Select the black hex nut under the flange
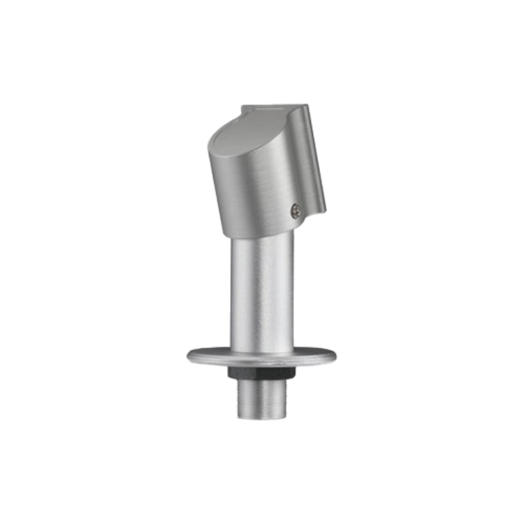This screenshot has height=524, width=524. pyautogui.click(x=261, y=373)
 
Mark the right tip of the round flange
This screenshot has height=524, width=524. pyautogui.click(x=335, y=356)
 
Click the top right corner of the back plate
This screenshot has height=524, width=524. pyautogui.click(x=305, y=106)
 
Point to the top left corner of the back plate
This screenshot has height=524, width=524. pyautogui.click(x=242, y=107)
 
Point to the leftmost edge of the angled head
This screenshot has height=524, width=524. pyautogui.click(x=209, y=150)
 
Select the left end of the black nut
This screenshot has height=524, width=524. pyautogui.click(x=228, y=373)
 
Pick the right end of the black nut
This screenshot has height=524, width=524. pyautogui.click(x=295, y=373)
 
